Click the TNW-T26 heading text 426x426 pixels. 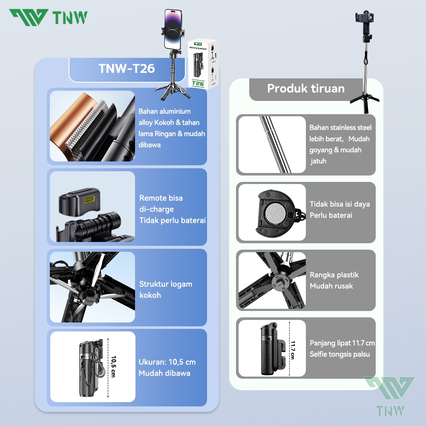(127, 69)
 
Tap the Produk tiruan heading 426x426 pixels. (306, 88)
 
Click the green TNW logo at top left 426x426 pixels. (48, 17)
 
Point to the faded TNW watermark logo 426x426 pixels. (390, 396)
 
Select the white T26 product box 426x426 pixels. (203, 64)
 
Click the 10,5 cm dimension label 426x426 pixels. (113, 367)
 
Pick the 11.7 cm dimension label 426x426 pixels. (292, 350)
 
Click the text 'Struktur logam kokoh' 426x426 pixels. (166, 290)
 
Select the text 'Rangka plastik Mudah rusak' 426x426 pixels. (334, 280)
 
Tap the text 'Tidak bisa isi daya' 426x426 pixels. (340, 204)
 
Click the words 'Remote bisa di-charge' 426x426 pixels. (161, 204)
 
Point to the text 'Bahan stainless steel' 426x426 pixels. (340, 127)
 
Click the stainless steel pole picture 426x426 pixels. (272, 144)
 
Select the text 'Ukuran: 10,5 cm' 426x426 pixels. (167, 362)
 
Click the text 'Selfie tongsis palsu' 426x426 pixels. (340, 354)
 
